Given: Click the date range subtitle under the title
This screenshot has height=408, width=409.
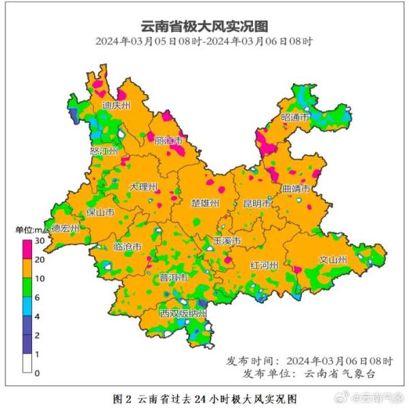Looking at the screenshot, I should tap(204, 42).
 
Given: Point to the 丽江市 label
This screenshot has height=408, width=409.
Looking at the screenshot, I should tap(169, 140).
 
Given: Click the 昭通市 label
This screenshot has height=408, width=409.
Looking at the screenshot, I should tap(295, 118).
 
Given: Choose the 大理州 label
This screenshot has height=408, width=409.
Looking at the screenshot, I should tap(144, 187).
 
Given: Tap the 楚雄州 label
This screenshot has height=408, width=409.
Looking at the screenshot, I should tap(205, 204).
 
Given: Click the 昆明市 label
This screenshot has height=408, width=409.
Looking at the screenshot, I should tap(257, 204).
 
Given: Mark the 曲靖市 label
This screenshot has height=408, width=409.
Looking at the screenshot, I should tap(296, 188).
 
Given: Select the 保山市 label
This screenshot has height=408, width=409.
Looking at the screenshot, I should tap(100, 213).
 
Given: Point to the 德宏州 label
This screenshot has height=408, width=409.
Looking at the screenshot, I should tap(65, 229).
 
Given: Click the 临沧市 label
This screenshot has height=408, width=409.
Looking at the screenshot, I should tap(127, 246).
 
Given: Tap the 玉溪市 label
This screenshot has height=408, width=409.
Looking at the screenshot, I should tap(227, 241).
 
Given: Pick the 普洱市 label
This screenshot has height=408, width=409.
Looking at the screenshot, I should tap(173, 278).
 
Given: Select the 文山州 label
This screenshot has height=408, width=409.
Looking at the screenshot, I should tap(333, 260).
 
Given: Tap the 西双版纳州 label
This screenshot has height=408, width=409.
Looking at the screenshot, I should tap(183, 314).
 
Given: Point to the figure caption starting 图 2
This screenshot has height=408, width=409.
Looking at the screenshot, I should tap(204, 396).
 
